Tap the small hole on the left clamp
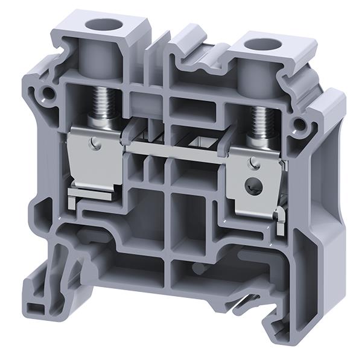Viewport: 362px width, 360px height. pos(94,143)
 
